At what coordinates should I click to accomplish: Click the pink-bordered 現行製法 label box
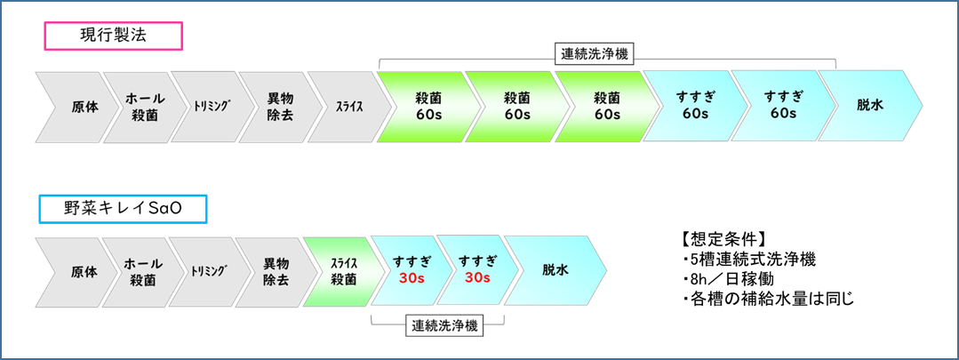pos(114,36)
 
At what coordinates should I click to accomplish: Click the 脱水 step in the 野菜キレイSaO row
pos(555,271)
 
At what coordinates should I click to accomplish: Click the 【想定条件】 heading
pos(721,240)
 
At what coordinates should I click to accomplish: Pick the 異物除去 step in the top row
pos(277,106)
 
